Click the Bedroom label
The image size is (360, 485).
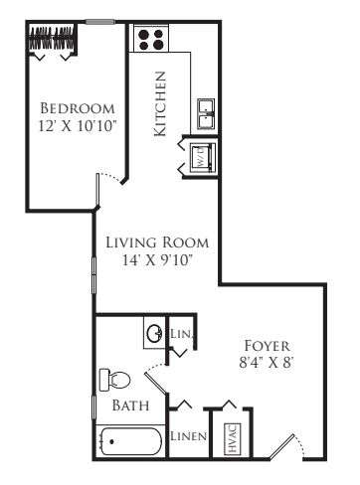(78, 108)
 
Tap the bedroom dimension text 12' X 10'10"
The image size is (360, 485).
(78, 126)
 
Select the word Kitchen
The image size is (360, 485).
(160, 103)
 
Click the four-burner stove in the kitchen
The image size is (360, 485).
(151, 40)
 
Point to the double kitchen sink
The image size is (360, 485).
(206, 113)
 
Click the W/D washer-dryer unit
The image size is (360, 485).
(203, 157)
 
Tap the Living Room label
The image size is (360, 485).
(157, 242)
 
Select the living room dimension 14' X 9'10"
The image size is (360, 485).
(157, 260)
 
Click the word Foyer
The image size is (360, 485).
(268, 346)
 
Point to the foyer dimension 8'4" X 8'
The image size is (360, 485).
(267, 363)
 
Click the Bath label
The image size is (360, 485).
(130, 405)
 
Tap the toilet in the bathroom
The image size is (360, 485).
(114, 380)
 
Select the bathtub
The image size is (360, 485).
(131, 441)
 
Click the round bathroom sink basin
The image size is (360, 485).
(154, 333)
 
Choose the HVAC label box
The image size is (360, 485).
(233, 439)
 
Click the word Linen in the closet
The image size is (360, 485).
(188, 436)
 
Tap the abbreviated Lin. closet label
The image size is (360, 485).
(181, 333)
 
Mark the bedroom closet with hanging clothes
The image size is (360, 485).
(52, 39)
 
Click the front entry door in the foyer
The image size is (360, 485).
(281, 446)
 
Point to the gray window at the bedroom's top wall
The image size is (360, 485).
(100, 22)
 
